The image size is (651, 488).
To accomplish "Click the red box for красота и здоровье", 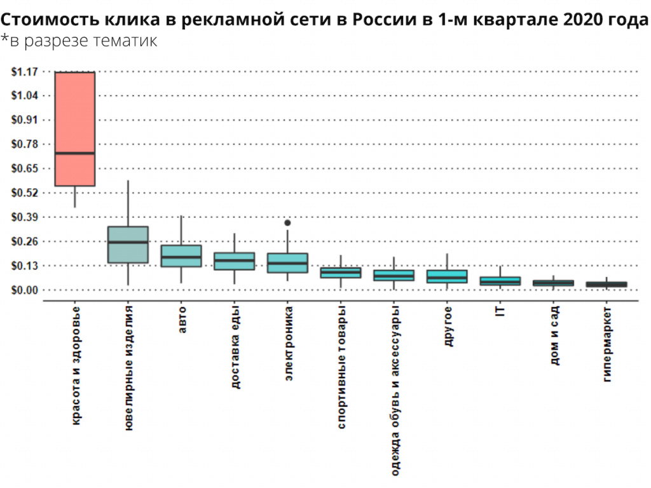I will pyautogui.click(x=75, y=114).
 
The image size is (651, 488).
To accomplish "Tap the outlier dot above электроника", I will pyautogui.click(x=287, y=223).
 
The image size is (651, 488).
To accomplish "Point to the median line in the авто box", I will pyautogui.click(x=181, y=257).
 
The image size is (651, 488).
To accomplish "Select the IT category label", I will pyautogui.click(x=500, y=312).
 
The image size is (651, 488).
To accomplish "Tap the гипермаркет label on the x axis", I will pyautogui.click(x=607, y=346).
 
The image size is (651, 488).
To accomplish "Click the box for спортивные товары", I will pyautogui.click(x=341, y=273).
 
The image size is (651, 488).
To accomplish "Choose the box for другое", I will pyautogui.click(x=447, y=276).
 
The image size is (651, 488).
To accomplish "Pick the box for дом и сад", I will pyautogui.click(x=554, y=283).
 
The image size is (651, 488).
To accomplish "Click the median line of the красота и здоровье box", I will pyautogui.click(x=75, y=153).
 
